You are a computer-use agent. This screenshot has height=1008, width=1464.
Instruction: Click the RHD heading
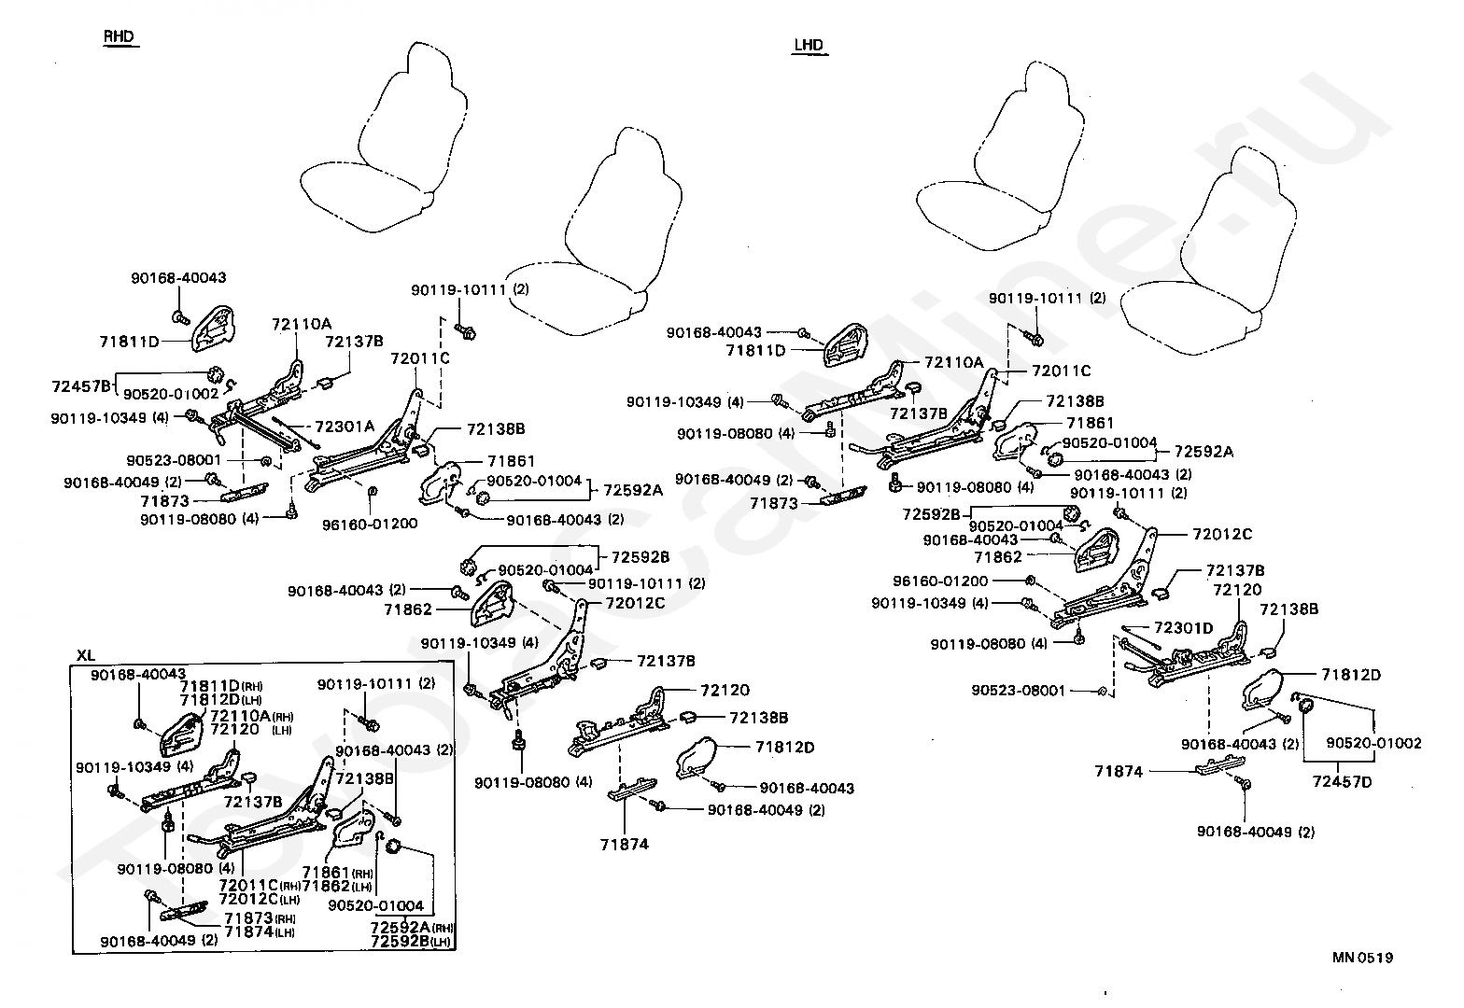click(119, 36)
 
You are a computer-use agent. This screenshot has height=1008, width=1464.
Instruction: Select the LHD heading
click(809, 45)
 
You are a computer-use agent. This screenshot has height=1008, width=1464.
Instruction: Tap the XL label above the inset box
click(86, 655)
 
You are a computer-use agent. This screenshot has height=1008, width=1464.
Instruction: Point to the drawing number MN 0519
click(1363, 958)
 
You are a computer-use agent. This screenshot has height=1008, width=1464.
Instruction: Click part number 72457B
click(81, 386)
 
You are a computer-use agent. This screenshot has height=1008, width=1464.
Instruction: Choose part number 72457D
click(1342, 781)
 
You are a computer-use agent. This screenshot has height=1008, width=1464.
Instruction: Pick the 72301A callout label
click(345, 427)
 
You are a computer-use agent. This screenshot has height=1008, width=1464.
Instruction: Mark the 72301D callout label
click(1183, 628)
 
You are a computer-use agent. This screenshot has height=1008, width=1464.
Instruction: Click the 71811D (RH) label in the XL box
click(221, 686)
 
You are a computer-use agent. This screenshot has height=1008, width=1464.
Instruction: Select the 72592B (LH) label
click(412, 942)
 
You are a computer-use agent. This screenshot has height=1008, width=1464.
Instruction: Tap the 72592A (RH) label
click(412, 928)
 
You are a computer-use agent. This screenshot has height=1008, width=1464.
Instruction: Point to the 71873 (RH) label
click(260, 917)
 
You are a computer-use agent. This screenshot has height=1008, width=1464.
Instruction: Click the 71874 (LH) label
click(260, 931)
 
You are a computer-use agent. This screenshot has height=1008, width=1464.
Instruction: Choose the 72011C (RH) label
click(260, 885)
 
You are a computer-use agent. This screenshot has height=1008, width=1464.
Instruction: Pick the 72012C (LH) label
click(260, 899)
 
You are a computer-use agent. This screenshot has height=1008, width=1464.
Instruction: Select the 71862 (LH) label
click(337, 886)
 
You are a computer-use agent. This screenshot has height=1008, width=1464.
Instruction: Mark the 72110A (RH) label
click(252, 715)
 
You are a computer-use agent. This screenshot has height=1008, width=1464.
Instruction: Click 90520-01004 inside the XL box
click(375, 905)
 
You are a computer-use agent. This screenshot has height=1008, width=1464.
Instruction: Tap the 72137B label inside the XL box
click(253, 801)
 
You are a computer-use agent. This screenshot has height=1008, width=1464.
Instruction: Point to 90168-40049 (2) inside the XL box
click(159, 941)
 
